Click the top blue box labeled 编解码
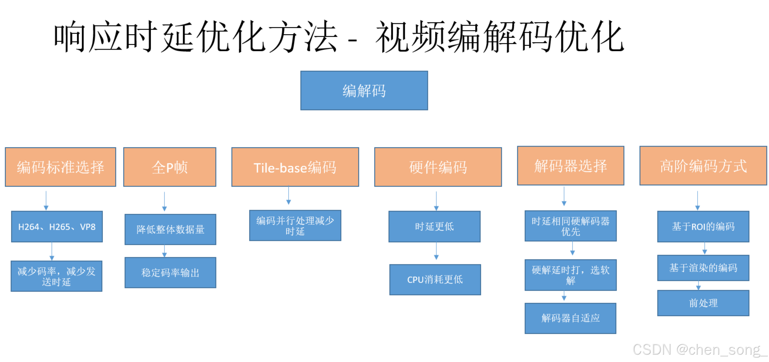[x=364, y=90]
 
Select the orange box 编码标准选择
[x=60, y=167]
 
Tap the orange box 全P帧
[x=170, y=167]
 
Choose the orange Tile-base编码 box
[x=295, y=167]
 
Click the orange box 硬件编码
[x=438, y=167]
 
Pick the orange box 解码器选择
[x=571, y=166]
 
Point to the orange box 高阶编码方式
[x=703, y=166]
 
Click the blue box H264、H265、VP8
[x=57, y=227]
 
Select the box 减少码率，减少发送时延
[x=56, y=276]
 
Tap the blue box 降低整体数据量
[x=170, y=229]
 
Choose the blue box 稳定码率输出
[x=170, y=272]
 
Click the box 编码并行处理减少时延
[x=295, y=225]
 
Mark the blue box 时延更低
[x=434, y=227]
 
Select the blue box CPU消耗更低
[x=435, y=280]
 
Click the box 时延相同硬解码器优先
[x=571, y=226]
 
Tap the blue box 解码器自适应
[x=570, y=318]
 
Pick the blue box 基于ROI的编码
[x=703, y=227]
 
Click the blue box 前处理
[x=703, y=303]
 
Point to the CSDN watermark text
[x=699, y=350]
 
